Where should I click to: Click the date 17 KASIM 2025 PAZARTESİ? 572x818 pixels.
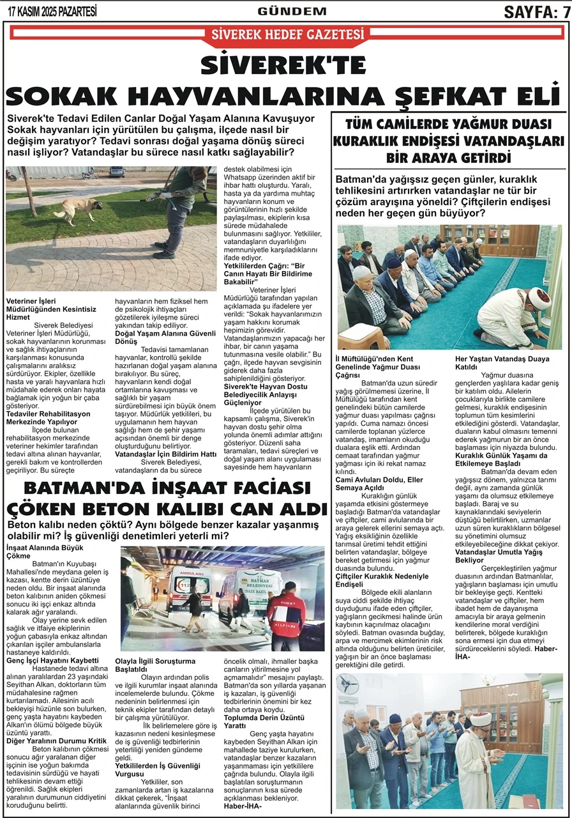point(52,11)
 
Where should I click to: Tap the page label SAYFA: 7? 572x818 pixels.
point(536,11)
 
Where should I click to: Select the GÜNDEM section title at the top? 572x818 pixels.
point(292,11)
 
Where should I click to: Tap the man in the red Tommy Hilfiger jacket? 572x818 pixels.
point(286,613)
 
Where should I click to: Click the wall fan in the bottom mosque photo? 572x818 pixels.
point(348,684)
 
